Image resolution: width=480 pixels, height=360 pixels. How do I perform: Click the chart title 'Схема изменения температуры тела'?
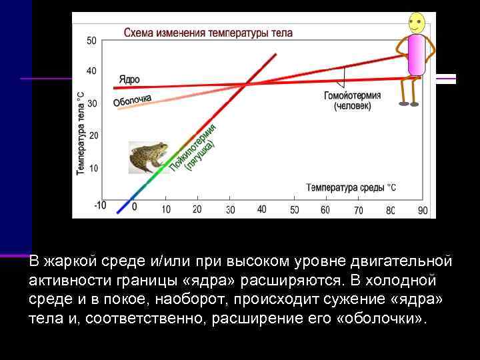208,32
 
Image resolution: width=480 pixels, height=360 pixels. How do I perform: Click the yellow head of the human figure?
415,23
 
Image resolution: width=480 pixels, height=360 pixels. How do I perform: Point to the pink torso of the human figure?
417,55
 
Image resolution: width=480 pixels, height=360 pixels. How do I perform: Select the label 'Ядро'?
129,79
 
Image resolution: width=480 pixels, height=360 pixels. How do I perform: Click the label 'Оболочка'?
133,101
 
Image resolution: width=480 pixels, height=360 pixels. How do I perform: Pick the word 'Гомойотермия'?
352,95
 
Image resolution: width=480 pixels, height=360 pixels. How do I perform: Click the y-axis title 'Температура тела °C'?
80,133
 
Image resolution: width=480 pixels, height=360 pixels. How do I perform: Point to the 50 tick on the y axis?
91,41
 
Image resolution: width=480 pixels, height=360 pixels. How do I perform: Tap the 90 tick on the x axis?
423,210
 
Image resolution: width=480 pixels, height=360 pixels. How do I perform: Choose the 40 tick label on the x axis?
261,209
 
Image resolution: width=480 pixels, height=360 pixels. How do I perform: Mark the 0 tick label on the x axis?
134,207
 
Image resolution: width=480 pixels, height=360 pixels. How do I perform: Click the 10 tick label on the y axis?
93,168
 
